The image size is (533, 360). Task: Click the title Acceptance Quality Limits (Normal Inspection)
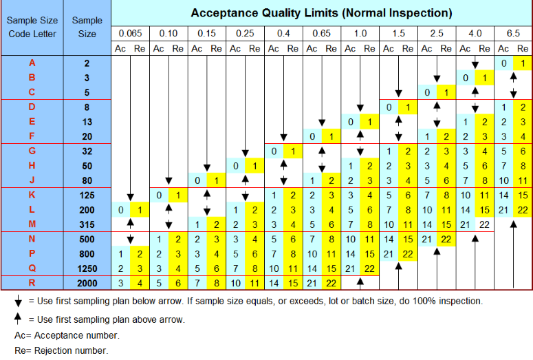click(x=321, y=13)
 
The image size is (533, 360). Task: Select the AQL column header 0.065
click(x=130, y=33)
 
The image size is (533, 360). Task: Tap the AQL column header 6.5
click(x=514, y=33)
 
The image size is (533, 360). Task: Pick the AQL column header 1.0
click(x=360, y=33)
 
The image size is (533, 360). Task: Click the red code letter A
click(x=32, y=63)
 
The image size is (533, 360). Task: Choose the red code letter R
click(x=32, y=283)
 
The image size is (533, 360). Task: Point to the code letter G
click(x=32, y=151)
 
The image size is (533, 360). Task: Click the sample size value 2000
click(x=87, y=283)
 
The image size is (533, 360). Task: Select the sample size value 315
click(x=87, y=224)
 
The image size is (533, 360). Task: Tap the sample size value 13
click(x=87, y=122)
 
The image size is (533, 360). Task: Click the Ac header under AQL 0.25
click(x=235, y=48)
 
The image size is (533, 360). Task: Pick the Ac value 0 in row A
click(x=504, y=63)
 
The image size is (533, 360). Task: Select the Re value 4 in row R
click(x=140, y=283)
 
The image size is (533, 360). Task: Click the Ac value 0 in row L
click(x=120, y=209)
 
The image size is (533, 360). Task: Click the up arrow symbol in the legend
click(x=19, y=319)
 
